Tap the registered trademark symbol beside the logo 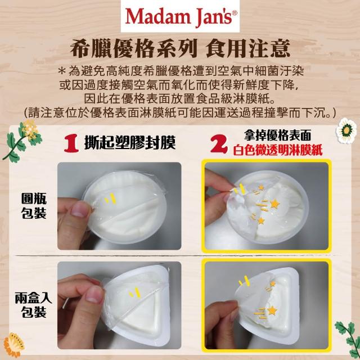235,13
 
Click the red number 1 71,144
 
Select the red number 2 219,144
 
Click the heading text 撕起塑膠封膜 130,143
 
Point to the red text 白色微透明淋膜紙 278,150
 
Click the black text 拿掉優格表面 277,136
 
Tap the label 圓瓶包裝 34,206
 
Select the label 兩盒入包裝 34,305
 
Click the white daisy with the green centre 346,130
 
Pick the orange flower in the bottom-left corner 13,345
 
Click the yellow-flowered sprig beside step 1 22,140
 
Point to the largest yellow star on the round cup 274,204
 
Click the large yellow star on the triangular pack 272,310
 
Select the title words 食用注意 248,49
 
